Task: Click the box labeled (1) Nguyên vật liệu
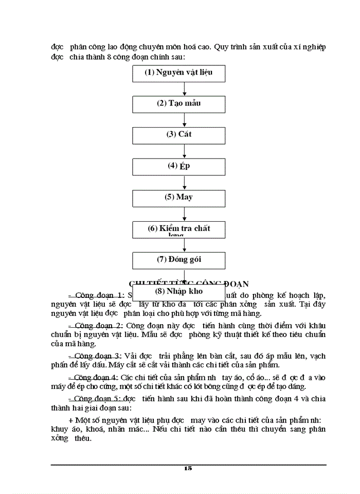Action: [x=178, y=73]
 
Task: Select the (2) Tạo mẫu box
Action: [x=178, y=103]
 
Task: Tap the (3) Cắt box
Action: [x=178, y=135]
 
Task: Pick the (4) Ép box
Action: [x=178, y=166]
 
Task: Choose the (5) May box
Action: [x=178, y=198]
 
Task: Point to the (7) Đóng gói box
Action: [x=178, y=260]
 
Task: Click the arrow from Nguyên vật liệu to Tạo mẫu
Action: [x=185, y=88]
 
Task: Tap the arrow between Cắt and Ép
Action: [x=185, y=151]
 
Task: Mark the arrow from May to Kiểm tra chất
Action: [x=185, y=214]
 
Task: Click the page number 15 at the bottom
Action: [x=187, y=468]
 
